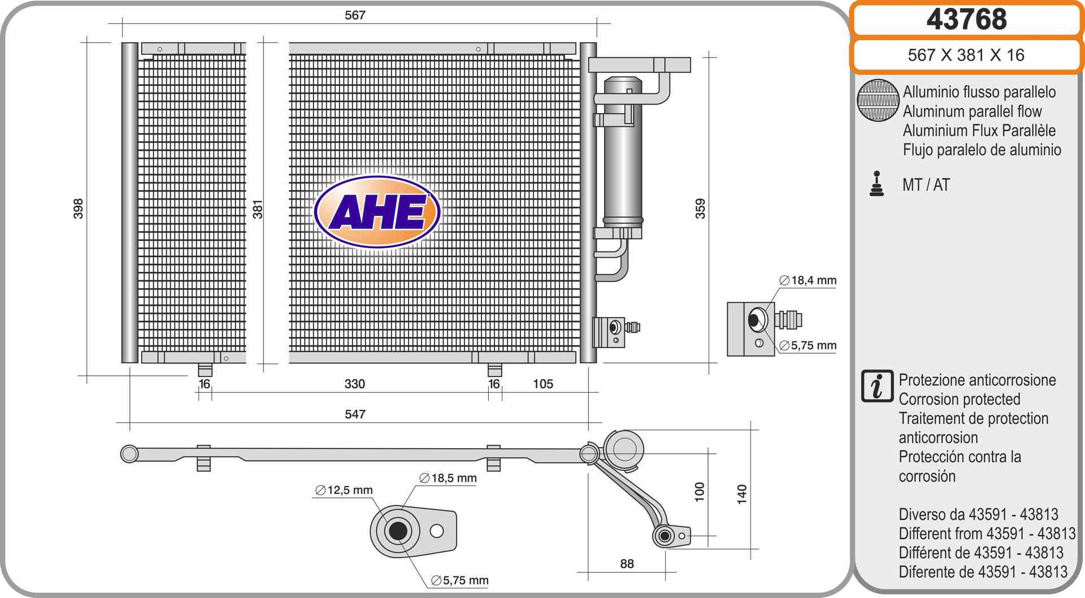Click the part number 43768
(x=966, y=19)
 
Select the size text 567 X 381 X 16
(x=966, y=55)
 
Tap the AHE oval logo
(x=377, y=212)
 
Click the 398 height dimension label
(x=78, y=209)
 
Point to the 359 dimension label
(x=700, y=209)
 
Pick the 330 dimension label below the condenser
(x=355, y=384)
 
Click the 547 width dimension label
(x=355, y=414)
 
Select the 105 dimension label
(x=543, y=384)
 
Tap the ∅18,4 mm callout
(x=808, y=280)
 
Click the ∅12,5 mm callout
(x=344, y=490)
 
